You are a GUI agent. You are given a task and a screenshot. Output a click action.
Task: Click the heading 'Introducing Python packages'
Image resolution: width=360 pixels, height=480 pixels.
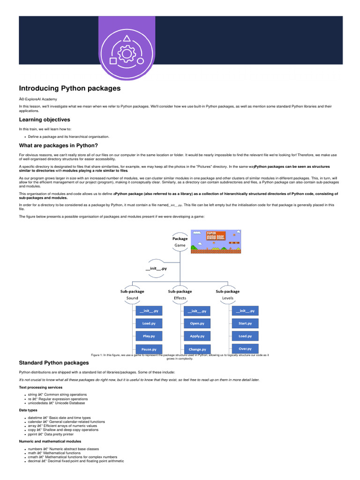pyautogui.click(x=69, y=88)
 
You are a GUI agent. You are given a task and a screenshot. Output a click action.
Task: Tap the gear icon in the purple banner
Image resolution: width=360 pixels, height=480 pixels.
pyautogui.click(x=126, y=54)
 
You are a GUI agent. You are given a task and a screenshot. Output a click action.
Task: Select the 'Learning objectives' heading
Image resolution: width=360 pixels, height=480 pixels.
pyautogui.click(x=44, y=120)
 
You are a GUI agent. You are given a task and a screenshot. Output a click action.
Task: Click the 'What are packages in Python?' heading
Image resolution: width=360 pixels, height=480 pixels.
pyautogui.click(x=58, y=145)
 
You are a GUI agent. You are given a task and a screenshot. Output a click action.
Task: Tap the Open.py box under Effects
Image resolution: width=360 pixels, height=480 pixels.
pyautogui.click(x=197, y=323)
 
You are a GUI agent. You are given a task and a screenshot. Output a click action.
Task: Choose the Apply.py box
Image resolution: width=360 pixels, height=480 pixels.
pyautogui.click(x=197, y=336)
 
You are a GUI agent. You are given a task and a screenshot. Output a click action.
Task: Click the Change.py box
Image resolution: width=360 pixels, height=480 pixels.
pyautogui.click(x=197, y=349)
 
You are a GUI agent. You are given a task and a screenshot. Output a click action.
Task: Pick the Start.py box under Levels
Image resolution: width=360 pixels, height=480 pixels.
pyautogui.click(x=245, y=323)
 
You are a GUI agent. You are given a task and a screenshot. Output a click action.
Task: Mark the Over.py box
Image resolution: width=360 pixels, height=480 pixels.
pyautogui.click(x=245, y=349)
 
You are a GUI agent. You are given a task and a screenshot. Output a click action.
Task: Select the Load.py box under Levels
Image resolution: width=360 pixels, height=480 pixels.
pyautogui.click(x=245, y=336)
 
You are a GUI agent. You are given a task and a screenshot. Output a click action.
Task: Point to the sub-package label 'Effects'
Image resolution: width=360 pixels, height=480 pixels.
pyautogui.click(x=180, y=298)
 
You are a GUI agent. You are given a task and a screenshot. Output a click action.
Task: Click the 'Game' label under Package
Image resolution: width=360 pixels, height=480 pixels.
pyautogui.click(x=180, y=245)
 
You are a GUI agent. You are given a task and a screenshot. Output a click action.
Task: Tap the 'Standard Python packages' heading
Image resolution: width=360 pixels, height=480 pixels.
pyautogui.click(x=53, y=362)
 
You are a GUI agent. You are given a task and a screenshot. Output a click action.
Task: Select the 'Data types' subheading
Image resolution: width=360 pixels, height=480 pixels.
pyautogui.click(x=29, y=410)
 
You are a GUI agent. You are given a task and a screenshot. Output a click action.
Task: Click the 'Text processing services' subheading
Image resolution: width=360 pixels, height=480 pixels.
pyautogui.click(x=40, y=387)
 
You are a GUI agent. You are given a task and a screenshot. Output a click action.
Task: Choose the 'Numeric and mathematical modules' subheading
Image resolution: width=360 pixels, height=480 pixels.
pyautogui.click(x=50, y=441)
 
